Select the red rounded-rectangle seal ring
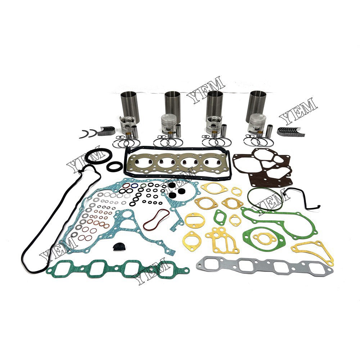click(156, 220)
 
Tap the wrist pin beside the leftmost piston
click(135, 131)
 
